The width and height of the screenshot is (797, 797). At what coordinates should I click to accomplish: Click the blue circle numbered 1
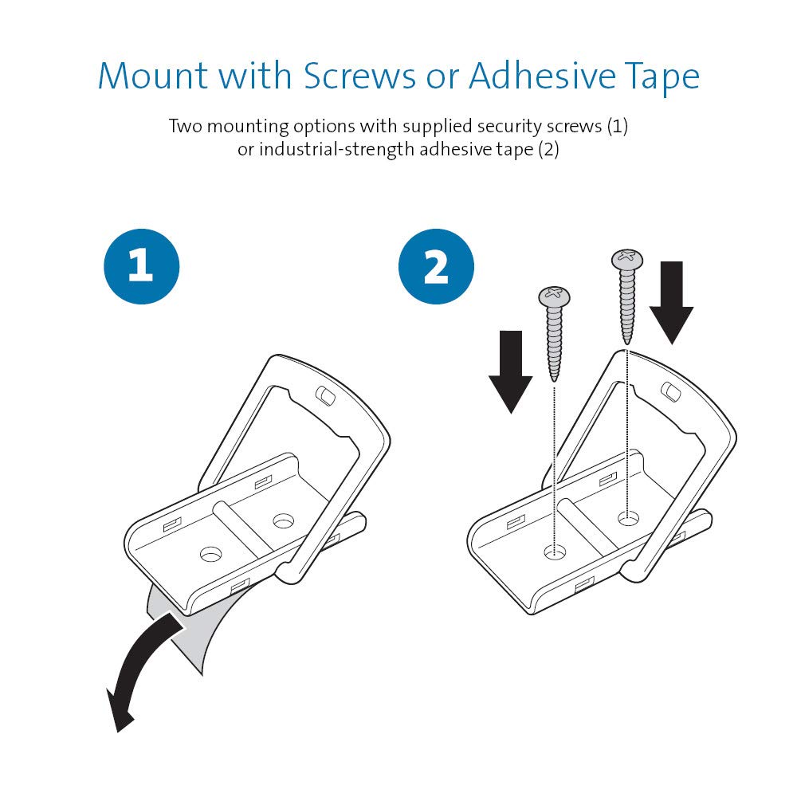[141, 266]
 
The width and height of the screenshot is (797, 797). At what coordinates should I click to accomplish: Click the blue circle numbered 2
[436, 266]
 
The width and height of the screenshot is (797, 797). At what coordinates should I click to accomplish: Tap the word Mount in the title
[153, 77]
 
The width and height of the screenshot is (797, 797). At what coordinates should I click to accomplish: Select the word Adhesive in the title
[542, 77]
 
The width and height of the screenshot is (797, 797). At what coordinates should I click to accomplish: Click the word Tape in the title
[662, 79]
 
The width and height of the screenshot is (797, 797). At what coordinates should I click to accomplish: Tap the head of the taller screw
[626, 259]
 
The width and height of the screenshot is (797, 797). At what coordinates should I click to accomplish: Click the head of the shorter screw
[554, 296]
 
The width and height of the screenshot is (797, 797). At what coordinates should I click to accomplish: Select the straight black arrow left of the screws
[510, 372]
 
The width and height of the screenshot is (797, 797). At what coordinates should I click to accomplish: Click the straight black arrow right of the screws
[671, 303]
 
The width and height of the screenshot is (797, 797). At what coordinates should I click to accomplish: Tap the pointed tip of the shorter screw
[554, 380]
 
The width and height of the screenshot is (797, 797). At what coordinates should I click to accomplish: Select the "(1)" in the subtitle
[618, 127]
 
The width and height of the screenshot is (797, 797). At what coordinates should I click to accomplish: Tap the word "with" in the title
[255, 76]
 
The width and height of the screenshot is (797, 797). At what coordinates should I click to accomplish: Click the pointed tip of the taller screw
[626, 343]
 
